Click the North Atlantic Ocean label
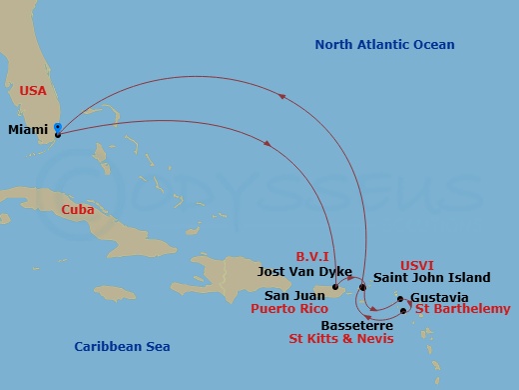tap(384, 45)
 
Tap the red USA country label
tap(33, 90)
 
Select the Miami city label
tap(27, 130)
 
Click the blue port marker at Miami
tap(58, 128)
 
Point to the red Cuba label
tap(79, 210)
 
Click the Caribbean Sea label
tap(122, 347)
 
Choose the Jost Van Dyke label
tap(295, 271)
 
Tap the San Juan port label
tap(295, 296)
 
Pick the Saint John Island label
tap(431, 278)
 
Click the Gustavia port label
tap(439, 298)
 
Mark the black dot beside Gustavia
tap(400, 298)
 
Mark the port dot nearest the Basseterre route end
tap(403, 311)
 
